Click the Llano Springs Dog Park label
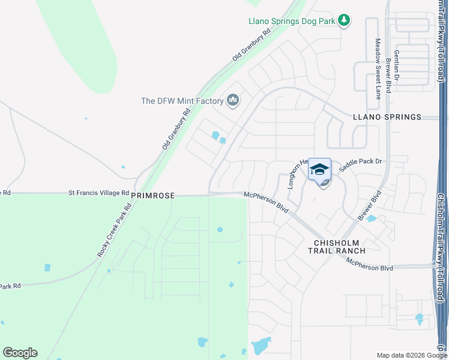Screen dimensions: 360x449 292,21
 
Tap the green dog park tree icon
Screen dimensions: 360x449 343,21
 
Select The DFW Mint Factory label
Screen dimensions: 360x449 182,101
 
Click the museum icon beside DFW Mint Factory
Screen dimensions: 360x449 233,100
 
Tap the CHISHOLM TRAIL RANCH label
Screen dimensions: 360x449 340,247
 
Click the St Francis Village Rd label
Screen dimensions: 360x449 98,193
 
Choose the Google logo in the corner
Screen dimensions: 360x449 20,353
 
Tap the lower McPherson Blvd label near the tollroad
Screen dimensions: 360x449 369,264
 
